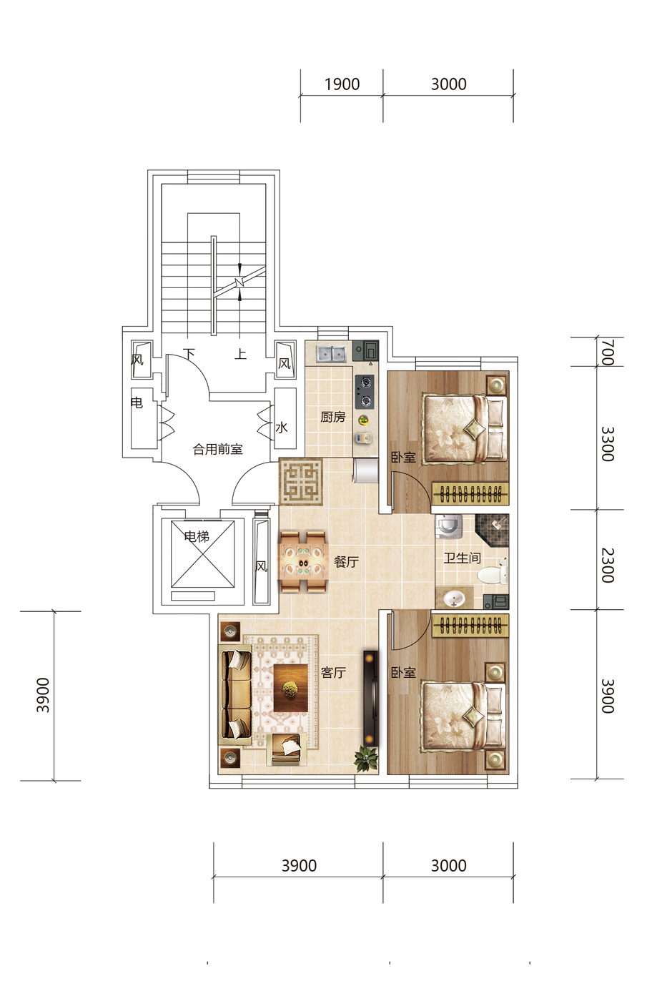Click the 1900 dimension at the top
(342, 84)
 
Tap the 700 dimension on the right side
(608, 352)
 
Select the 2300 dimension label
(608, 566)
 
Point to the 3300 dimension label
(608, 444)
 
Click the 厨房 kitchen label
(333, 417)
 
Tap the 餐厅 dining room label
(346, 562)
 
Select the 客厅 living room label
(333, 672)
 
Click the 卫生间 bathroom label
(462, 558)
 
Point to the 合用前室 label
(217, 449)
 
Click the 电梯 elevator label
(197, 536)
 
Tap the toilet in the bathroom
(493, 572)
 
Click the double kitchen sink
(332, 353)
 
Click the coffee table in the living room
(290, 688)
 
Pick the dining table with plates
(303, 562)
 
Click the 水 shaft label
(281, 428)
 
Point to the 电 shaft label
(137, 403)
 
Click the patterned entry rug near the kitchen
(301, 481)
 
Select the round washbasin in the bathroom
(453, 598)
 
